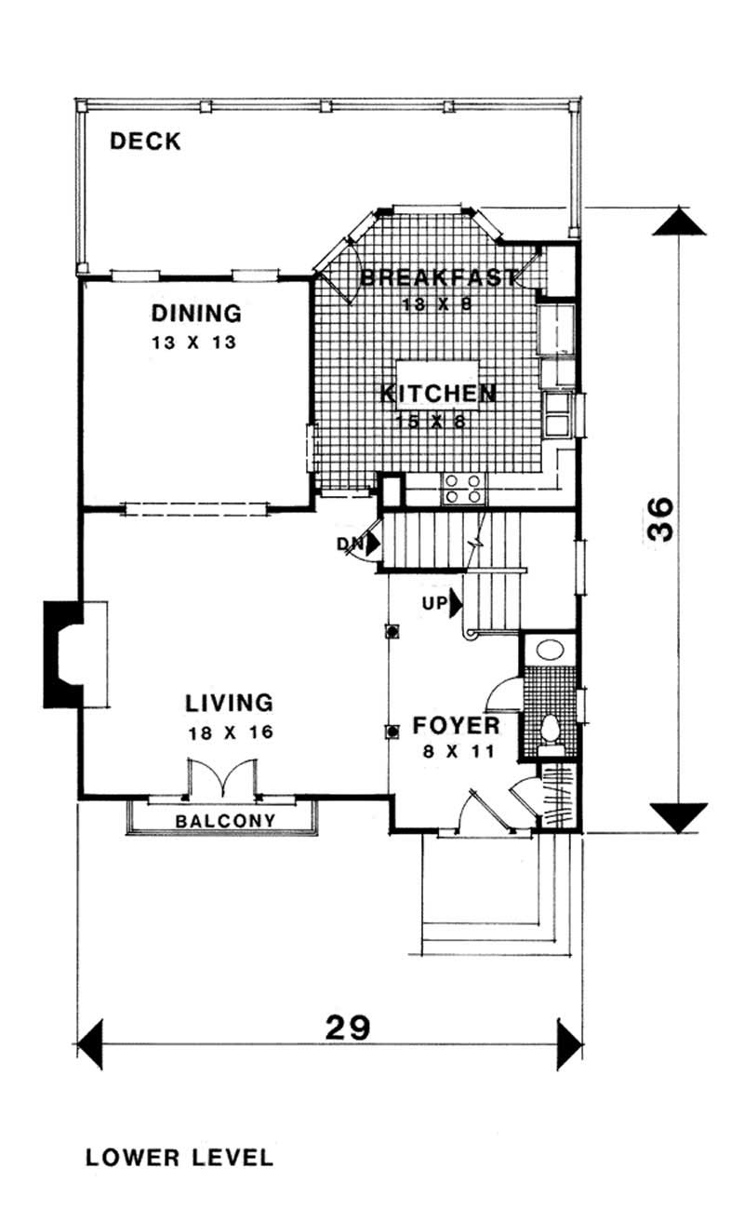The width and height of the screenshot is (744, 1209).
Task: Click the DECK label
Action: point(145,141)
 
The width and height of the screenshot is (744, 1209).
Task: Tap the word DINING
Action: point(196,313)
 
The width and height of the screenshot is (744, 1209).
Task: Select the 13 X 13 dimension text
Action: point(194,342)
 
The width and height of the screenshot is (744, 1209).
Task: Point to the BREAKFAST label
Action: point(438,276)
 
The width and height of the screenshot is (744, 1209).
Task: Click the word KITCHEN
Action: point(438,394)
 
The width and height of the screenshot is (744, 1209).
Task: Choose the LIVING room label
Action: point(228,702)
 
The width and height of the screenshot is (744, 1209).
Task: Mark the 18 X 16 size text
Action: point(228,732)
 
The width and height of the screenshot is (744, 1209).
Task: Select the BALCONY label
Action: point(225,821)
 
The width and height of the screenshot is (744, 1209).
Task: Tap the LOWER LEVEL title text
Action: point(179,1158)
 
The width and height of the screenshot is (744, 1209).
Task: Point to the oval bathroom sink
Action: point(549,651)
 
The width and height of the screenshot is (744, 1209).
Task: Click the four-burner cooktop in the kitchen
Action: point(462,488)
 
